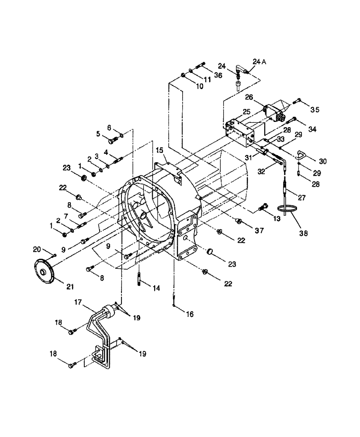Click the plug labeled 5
[112, 140]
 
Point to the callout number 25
[246, 112]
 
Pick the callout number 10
[199, 87]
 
